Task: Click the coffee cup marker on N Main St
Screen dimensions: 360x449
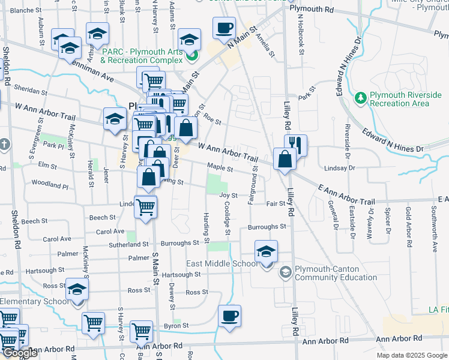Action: click(224, 28)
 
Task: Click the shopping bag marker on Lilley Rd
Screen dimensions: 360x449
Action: click(285, 159)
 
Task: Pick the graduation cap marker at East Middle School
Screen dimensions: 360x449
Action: click(266, 251)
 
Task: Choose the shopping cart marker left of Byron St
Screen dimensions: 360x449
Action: click(142, 330)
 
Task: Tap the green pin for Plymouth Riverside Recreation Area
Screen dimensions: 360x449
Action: click(360, 97)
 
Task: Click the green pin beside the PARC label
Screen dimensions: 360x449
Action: click(192, 58)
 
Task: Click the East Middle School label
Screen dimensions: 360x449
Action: click(222, 263)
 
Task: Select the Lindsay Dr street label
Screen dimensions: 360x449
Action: click(336, 169)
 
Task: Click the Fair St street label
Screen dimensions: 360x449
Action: click(276, 204)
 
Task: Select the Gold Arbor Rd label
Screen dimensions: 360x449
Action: click(408, 220)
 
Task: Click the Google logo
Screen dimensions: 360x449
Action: click(20, 353)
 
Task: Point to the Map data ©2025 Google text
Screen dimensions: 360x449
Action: click(412, 355)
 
